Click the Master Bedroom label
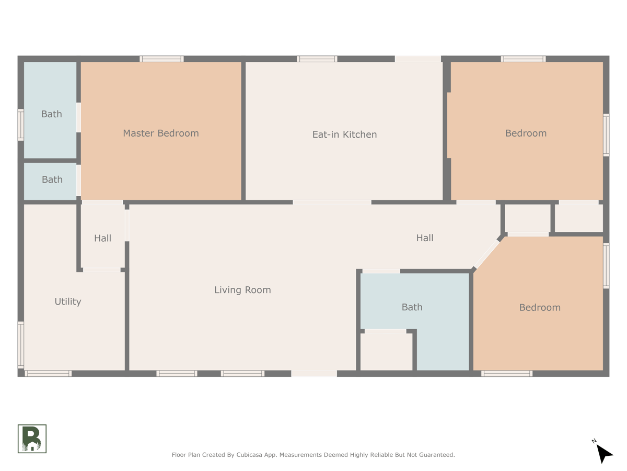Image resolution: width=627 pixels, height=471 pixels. (x=160, y=133)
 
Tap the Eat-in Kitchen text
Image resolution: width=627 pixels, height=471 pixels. (x=344, y=134)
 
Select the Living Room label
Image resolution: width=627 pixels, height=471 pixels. (x=242, y=290)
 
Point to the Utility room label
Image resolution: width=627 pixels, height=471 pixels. (x=68, y=301)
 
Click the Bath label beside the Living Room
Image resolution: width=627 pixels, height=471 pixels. (x=412, y=307)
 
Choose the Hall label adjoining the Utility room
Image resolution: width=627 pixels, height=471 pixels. (x=102, y=238)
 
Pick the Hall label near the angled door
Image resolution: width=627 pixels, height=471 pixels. (x=424, y=238)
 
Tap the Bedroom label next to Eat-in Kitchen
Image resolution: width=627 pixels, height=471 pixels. (x=526, y=133)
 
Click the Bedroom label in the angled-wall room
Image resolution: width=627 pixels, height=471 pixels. (x=539, y=308)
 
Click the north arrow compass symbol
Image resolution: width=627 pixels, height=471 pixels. (x=603, y=452)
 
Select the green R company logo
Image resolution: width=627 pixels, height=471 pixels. (x=32, y=439)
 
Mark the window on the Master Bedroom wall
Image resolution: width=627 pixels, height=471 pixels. (x=161, y=59)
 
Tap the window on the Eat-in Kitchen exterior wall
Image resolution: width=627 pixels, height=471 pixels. (x=317, y=59)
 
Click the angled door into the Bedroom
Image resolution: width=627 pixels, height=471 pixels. (x=486, y=254)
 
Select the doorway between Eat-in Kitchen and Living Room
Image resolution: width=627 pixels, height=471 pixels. (x=332, y=202)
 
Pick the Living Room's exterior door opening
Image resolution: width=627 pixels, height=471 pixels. (x=313, y=374)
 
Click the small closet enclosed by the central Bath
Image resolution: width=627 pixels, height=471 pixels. (x=387, y=351)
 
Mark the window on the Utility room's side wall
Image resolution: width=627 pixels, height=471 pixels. (x=21, y=345)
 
